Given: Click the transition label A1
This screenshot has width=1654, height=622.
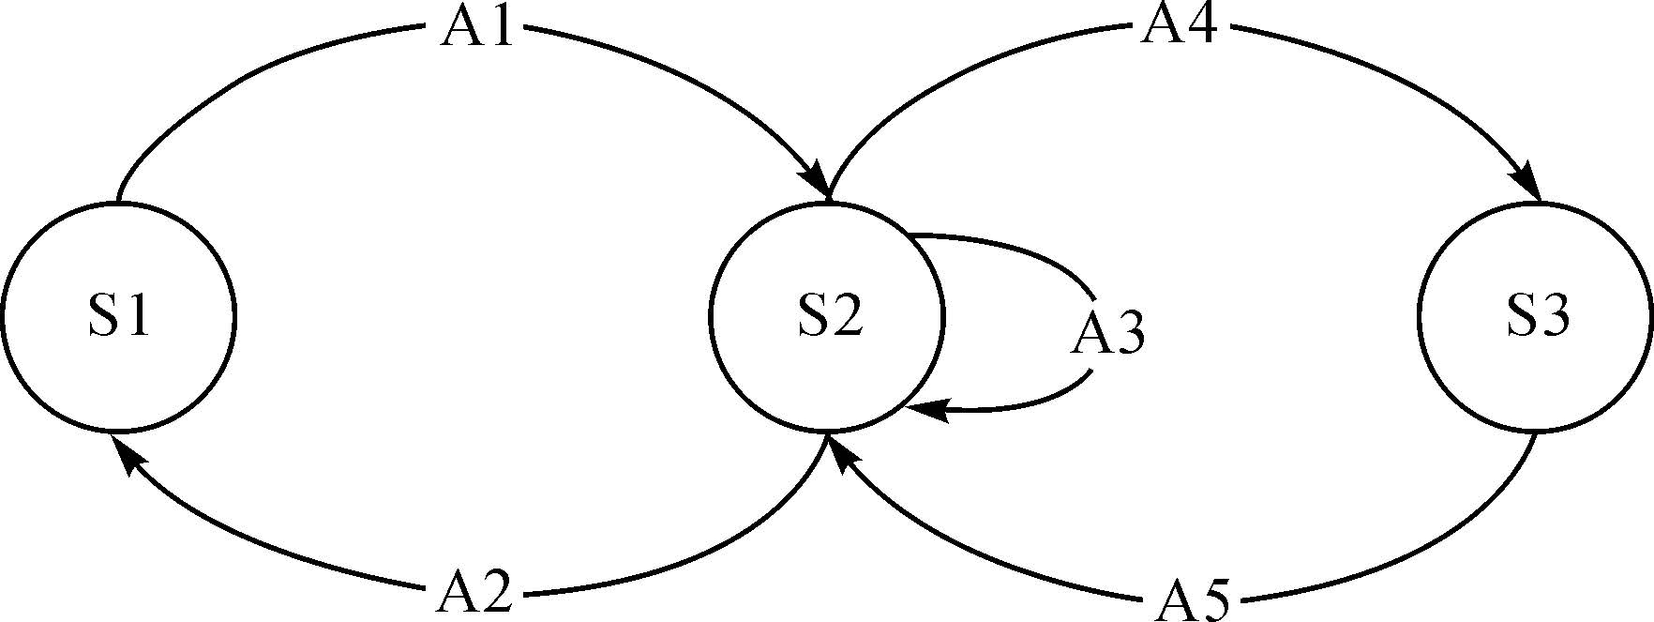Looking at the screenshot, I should coord(478,28).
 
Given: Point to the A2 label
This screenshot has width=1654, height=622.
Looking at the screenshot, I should coord(474,595).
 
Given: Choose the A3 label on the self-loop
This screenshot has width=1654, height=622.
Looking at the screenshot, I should coord(1107,334).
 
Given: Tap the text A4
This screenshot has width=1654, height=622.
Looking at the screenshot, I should coord(1179,26).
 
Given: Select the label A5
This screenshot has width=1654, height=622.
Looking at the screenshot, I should coord(1190,600).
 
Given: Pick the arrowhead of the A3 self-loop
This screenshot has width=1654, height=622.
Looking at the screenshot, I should coord(928,410).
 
